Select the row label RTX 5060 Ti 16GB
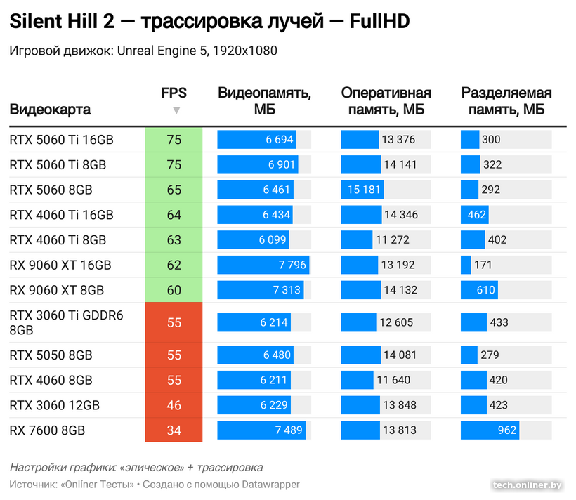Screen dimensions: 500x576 [61, 140]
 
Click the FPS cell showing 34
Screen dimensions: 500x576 [174, 430]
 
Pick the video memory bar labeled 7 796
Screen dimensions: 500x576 [263, 265]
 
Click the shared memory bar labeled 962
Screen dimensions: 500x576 [490, 430]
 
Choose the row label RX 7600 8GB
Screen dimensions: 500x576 [47, 430]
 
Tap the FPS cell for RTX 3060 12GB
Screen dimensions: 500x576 [174, 405]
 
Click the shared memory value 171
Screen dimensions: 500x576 [483, 265]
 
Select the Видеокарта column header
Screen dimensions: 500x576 [50, 110]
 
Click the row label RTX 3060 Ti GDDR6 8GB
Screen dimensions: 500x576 [66, 322]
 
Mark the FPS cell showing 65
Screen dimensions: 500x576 [174, 190]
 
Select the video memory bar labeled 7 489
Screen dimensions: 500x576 [261, 430]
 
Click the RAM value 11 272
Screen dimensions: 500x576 [393, 240]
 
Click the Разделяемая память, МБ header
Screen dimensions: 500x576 [506, 101]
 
